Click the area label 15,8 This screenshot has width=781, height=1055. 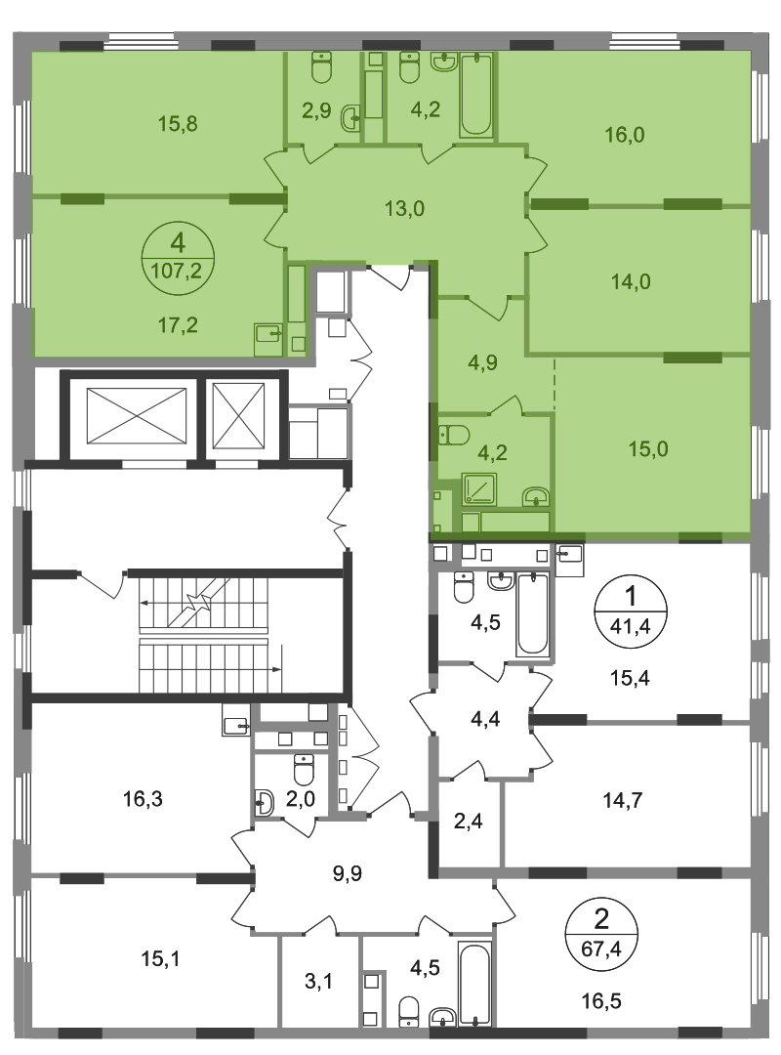point(178,124)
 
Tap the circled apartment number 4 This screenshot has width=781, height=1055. point(178,242)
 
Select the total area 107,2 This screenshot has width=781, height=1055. point(178,272)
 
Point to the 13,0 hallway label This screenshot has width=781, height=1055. point(404,209)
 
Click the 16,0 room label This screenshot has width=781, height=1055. point(624,135)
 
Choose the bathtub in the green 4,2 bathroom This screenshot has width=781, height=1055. point(476,95)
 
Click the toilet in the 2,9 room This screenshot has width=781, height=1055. point(321,68)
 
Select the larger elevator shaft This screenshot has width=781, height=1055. point(137,416)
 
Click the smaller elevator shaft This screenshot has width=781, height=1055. point(239,416)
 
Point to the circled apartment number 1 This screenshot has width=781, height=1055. point(631,596)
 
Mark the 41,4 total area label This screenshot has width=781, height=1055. point(631,627)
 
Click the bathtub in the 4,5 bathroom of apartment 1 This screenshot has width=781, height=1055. point(533,614)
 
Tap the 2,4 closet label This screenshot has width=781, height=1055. point(469,821)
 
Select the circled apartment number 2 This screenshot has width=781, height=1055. point(601,918)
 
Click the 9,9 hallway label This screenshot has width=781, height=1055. point(348,873)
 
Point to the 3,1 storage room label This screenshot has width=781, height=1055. point(318,982)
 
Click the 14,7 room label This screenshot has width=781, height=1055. point(622,801)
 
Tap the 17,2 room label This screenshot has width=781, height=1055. point(178,325)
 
